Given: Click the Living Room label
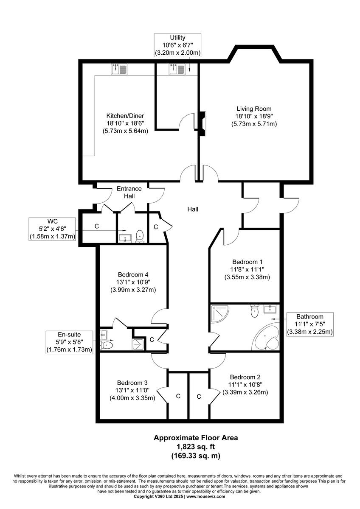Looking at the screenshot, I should tap(254, 109).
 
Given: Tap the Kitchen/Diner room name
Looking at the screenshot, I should tap(125, 116).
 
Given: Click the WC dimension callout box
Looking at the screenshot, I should tap(52, 229).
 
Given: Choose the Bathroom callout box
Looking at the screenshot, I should tap(309, 324).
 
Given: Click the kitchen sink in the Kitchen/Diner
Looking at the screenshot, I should tap(119, 69).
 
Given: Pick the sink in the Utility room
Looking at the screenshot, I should tap(177, 69).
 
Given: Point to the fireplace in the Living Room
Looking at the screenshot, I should tap(202, 123).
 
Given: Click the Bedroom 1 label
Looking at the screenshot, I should tap(247, 262).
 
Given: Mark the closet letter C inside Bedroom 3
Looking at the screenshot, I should tap(178, 396).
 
